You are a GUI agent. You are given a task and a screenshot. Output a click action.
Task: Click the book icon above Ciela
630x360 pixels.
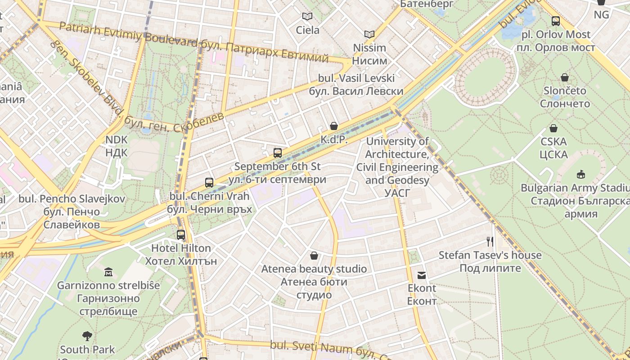pyautogui.click(x=307, y=17)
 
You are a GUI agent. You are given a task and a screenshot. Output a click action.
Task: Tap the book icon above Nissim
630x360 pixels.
pyautogui.click(x=369, y=34)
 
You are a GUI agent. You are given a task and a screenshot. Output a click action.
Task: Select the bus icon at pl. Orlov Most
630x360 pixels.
pyautogui.click(x=556, y=21)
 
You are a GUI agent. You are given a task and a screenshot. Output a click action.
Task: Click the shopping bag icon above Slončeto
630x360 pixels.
pyautogui.click(x=565, y=77)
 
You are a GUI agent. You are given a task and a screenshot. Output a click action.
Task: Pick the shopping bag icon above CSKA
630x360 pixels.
pyautogui.click(x=553, y=128)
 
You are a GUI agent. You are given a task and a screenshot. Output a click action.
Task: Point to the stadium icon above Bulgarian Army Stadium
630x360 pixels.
pyautogui.click(x=581, y=174)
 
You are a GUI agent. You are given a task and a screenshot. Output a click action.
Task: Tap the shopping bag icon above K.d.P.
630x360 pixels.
pyautogui.click(x=334, y=126)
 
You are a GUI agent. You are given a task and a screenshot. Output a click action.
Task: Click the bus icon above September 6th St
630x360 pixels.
pyautogui.click(x=278, y=153)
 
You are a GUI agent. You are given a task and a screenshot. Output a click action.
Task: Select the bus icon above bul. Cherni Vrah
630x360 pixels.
pyautogui.click(x=209, y=182)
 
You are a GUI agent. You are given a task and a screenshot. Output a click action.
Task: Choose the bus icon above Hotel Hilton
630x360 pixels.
pyautogui.click(x=181, y=234)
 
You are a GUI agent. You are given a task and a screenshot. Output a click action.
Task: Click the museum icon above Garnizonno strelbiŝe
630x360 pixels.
pyautogui.click(x=108, y=272)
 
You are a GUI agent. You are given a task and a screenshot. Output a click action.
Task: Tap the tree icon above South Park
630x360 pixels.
pyautogui.click(x=87, y=336)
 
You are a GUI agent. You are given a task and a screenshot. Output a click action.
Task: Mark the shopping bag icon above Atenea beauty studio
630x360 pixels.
pyautogui.click(x=314, y=256)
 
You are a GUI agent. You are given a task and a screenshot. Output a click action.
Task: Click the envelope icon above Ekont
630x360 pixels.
pyautogui.click(x=422, y=275)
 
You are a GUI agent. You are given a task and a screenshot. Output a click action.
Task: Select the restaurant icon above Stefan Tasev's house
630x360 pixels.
pyautogui.click(x=490, y=242)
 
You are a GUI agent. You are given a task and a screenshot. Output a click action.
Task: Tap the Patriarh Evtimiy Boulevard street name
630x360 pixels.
pyautogui.click(x=129, y=35)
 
